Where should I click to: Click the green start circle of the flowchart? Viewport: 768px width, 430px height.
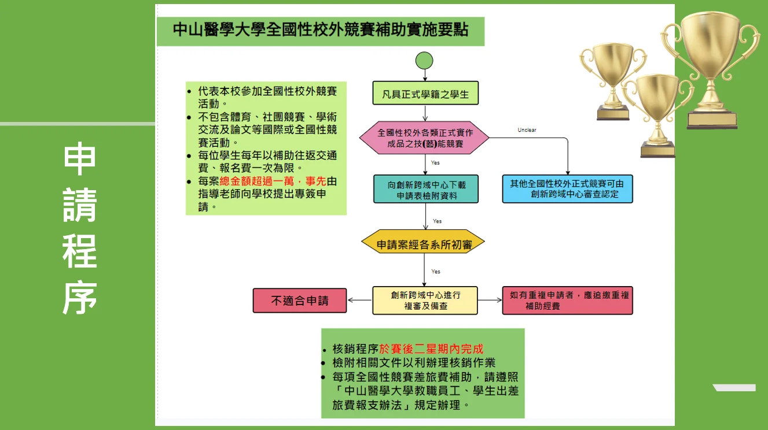point(424,60)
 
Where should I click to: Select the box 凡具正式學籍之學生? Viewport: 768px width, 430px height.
point(425,93)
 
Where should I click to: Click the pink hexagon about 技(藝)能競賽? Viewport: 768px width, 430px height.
point(424,138)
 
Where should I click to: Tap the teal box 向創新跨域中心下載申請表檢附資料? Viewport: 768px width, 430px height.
point(426,190)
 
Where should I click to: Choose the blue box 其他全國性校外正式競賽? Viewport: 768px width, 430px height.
point(567,189)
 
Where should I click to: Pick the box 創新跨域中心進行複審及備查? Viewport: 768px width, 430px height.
point(425,301)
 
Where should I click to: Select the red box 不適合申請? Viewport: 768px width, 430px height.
point(300,301)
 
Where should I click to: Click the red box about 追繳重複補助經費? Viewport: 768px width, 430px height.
point(567,301)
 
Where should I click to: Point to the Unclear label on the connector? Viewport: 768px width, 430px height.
point(527,130)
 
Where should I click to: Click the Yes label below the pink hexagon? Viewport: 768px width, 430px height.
point(435,163)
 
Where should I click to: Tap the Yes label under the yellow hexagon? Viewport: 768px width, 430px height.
point(435,272)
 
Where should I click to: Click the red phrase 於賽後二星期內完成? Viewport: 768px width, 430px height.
point(431,349)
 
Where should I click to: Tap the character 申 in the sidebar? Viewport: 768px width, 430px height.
point(79,160)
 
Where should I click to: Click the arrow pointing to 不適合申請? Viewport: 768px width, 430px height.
point(359,301)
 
